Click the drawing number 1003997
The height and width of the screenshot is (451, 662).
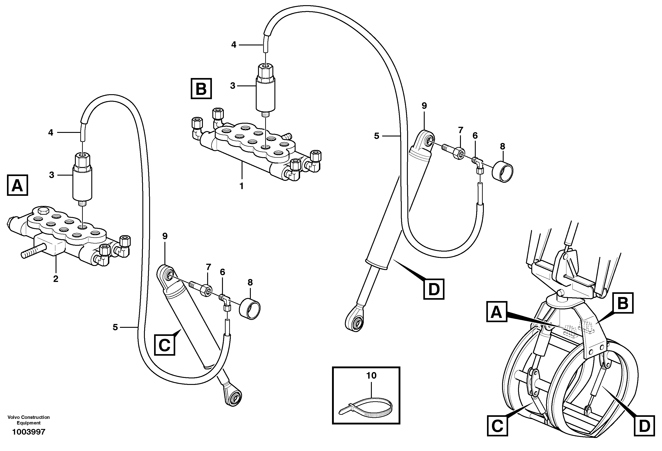[x=29, y=432]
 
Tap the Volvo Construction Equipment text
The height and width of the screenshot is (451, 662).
[x=29, y=420]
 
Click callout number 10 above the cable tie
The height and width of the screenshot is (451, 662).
[x=371, y=375]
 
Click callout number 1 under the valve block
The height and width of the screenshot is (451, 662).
[x=242, y=186]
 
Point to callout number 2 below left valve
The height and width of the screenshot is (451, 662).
[x=56, y=279]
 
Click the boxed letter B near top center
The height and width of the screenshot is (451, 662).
[x=201, y=89]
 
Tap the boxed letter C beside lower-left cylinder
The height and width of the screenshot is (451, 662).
[x=165, y=345]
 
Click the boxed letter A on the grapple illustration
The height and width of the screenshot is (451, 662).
[x=496, y=312]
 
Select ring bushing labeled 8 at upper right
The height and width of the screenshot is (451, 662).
[x=503, y=172]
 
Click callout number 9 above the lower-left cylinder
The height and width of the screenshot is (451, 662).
[x=165, y=236]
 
